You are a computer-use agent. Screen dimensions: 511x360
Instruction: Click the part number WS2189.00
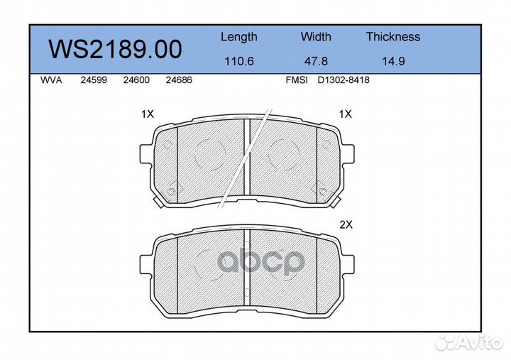116,49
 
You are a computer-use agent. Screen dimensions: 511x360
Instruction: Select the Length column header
239,37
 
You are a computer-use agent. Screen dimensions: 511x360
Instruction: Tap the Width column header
316,36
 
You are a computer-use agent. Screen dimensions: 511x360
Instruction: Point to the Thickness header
393,36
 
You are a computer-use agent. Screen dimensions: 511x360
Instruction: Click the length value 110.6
239,61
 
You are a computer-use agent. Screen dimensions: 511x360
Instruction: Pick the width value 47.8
316,61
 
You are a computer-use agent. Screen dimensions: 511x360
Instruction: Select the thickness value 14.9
393,61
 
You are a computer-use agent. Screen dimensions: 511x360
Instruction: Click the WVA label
51,80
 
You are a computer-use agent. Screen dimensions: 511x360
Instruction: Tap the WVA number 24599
94,80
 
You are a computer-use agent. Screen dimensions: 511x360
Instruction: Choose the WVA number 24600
136,80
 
